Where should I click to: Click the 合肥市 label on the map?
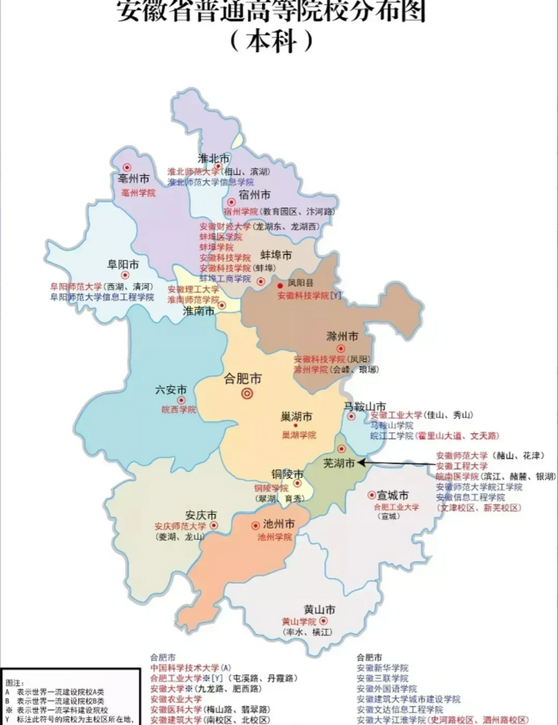click(x=242, y=378)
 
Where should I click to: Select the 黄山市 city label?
click(x=320, y=610)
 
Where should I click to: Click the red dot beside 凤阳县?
click(x=280, y=285)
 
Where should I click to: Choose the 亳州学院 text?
click(x=138, y=193)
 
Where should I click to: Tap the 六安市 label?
click(x=171, y=390)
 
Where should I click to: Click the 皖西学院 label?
click(x=178, y=410)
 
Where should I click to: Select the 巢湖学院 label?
click(x=299, y=435)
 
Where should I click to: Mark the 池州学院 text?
click(x=275, y=536)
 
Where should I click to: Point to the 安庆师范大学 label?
click(x=181, y=526)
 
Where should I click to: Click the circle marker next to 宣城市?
click(x=372, y=494)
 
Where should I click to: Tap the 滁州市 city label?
click(x=342, y=336)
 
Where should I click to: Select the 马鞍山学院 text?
click(x=392, y=425)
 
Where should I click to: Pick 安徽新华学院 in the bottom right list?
click(x=382, y=668)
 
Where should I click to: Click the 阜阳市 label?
click(x=123, y=265)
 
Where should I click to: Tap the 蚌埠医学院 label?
click(x=216, y=237)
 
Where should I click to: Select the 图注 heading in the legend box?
click(x=11, y=684)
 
